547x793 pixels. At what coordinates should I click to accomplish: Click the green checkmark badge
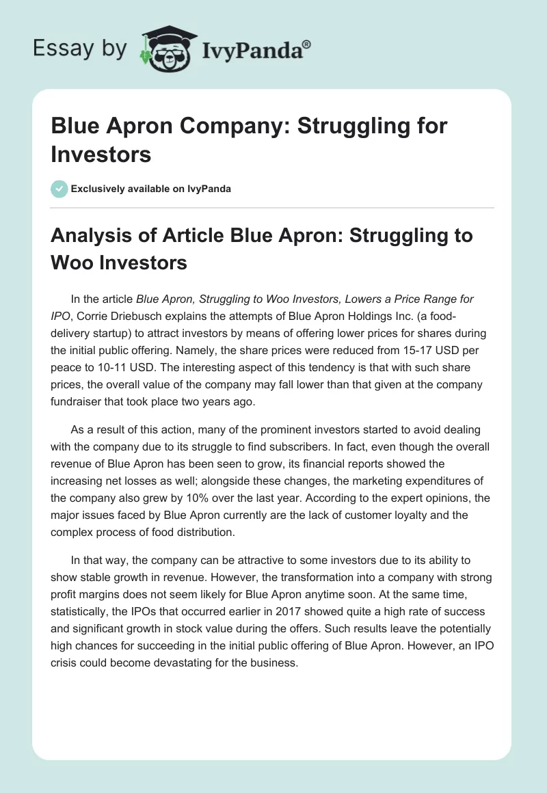[59, 189]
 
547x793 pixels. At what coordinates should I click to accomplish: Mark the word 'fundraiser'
[79, 402]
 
